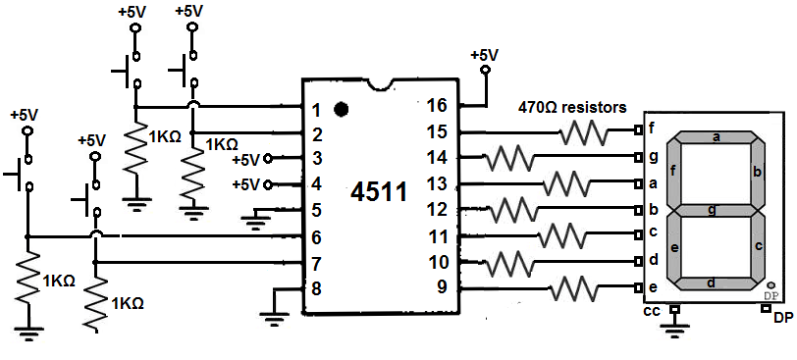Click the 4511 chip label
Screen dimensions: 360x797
tap(379, 192)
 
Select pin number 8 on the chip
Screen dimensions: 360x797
tap(316, 289)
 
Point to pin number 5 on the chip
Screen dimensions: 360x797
tap(316, 209)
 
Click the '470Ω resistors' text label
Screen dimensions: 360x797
tap(572, 108)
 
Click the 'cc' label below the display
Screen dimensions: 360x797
tap(650, 312)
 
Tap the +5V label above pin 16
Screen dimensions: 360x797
tap(485, 56)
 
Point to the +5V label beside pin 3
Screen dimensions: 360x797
tap(246, 159)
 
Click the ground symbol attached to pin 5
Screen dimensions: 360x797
tap(256, 223)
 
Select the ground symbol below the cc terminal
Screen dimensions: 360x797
tap(673, 330)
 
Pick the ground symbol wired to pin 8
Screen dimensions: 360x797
tap(275, 315)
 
